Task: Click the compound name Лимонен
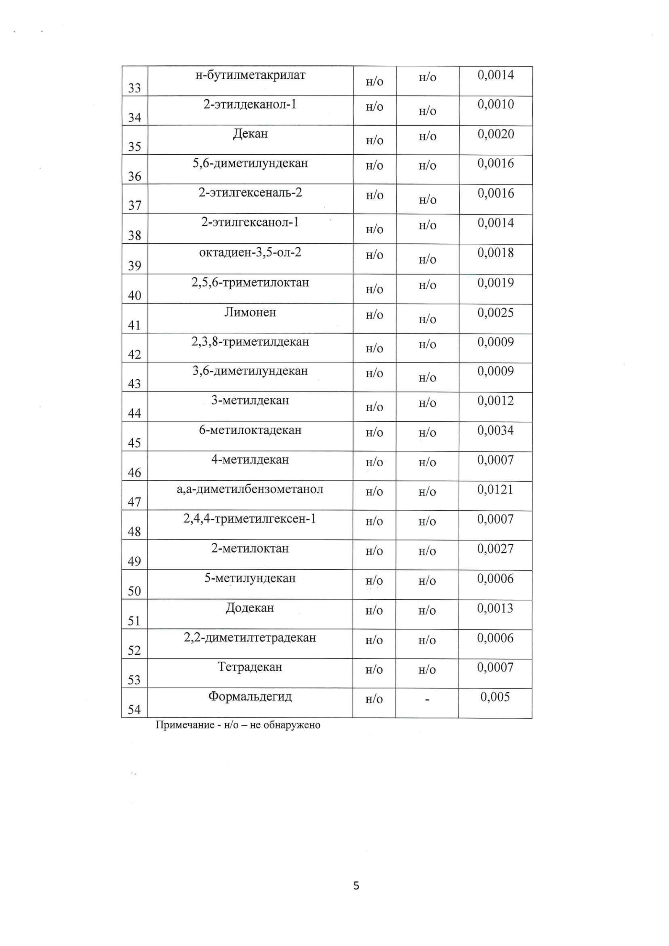pos(250,312)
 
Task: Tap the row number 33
pos(134,88)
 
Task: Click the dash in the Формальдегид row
pos(427,700)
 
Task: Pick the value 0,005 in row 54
pos(495,697)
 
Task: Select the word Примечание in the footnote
pos(185,725)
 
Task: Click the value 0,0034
pos(496,430)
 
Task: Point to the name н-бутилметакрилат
pos(250,75)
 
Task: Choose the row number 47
pos(134,502)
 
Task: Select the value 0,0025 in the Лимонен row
pos(496,313)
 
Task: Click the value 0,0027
pos(496,549)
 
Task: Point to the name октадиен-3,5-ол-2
pos(250,252)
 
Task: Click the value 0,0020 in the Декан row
pos(496,134)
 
